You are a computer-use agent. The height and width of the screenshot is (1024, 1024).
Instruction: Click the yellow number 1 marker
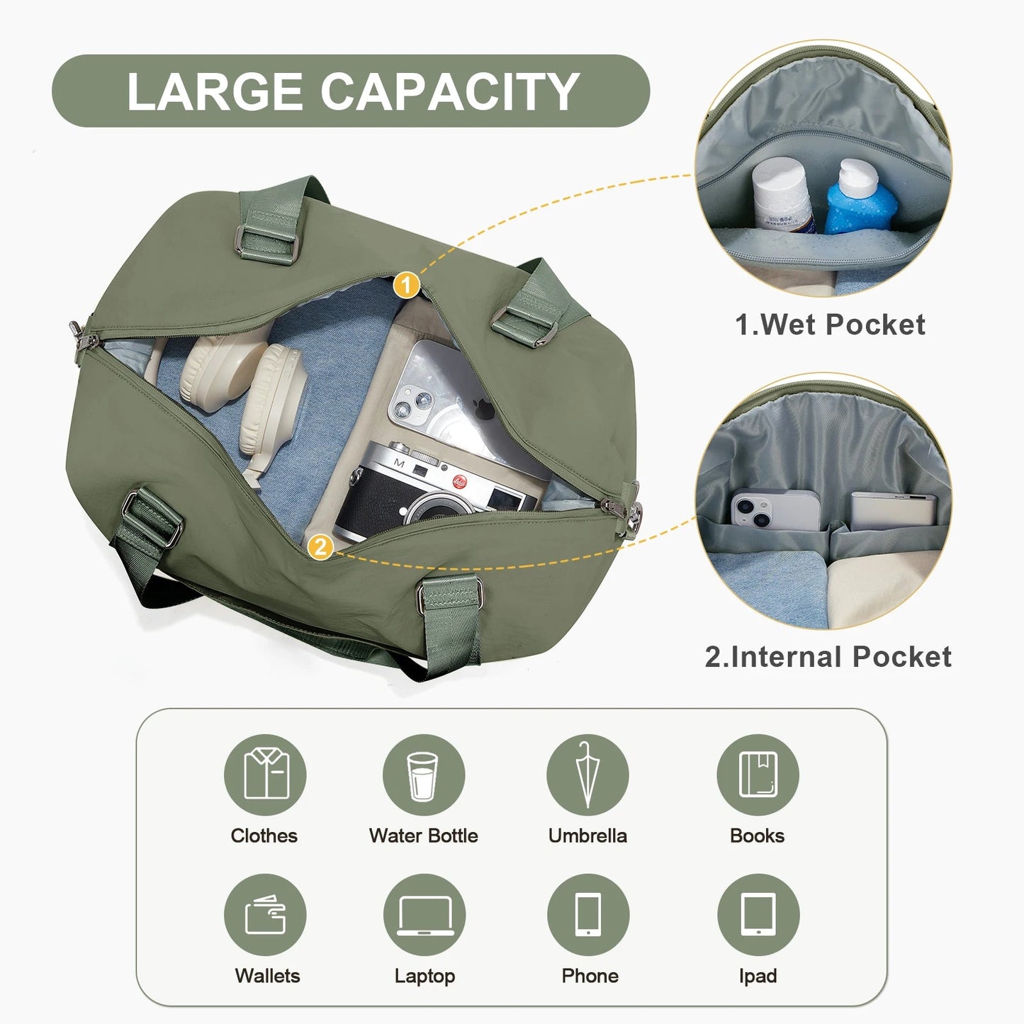click(407, 286)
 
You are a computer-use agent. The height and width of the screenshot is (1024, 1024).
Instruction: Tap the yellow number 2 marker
click(320, 546)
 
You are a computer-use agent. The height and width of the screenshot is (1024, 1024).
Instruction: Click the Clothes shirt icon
click(265, 775)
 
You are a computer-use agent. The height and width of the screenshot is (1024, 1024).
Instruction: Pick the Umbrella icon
click(587, 775)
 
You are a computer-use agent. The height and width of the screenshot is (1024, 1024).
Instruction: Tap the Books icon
click(758, 775)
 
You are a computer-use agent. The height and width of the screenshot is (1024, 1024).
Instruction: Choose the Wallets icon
click(265, 915)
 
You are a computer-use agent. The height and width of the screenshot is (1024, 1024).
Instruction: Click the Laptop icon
click(424, 915)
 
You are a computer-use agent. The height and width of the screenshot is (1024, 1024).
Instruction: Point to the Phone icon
click(587, 915)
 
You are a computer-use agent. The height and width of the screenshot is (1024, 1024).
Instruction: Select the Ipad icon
click(758, 915)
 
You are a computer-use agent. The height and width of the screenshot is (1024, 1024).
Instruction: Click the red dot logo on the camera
click(459, 482)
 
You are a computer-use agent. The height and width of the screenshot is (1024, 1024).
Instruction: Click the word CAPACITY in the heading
click(449, 91)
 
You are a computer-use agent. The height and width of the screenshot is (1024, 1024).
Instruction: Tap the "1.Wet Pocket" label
click(830, 325)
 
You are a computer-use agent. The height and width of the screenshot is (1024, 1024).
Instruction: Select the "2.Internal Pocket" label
click(828, 657)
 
